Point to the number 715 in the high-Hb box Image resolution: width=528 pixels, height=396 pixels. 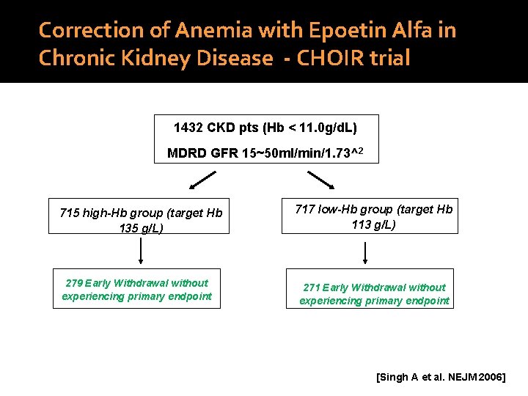tap(70, 213)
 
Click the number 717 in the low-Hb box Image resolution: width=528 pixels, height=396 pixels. tap(305, 209)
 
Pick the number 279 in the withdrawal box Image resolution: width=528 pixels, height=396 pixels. tap(74, 283)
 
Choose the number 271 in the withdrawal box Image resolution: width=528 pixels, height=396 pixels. tap(312, 287)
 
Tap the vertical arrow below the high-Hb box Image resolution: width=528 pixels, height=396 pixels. tap(140, 251)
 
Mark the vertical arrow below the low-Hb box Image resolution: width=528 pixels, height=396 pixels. tap(364, 252)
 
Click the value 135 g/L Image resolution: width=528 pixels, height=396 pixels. tap(141, 228)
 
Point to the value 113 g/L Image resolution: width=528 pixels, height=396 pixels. tap(373, 224)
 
